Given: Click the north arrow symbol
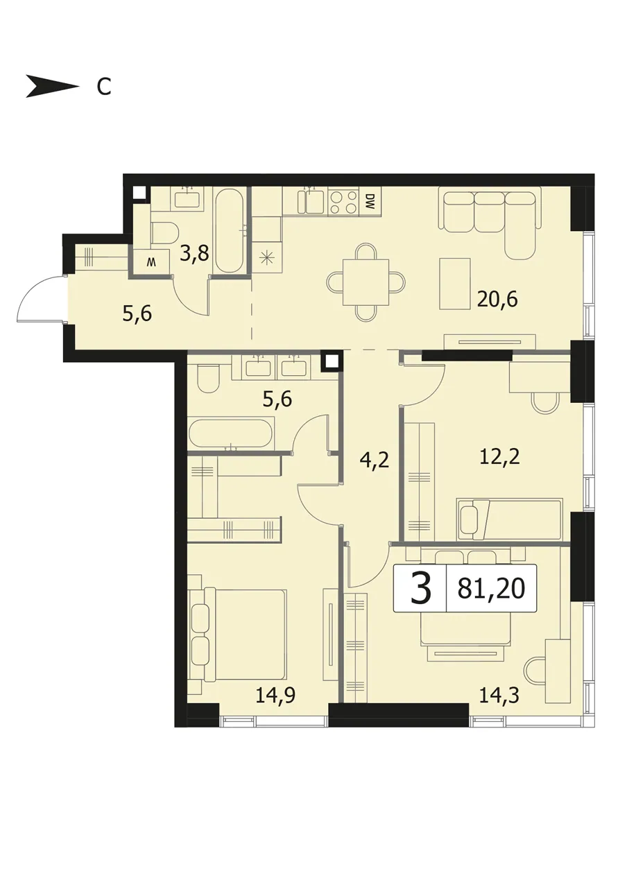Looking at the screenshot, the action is click(52, 86).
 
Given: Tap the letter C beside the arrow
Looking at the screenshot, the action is click(104, 87).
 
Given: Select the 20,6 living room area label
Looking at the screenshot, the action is click(497, 299).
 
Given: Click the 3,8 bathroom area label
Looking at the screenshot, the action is click(194, 253).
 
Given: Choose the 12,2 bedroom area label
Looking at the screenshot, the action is click(500, 456).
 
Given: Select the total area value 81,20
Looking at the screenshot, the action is click(491, 588).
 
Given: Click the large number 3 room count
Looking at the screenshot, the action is click(421, 588).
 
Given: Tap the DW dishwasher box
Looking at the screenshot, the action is click(370, 202).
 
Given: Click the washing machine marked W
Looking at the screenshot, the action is click(151, 262).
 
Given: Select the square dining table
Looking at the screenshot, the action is click(366, 282).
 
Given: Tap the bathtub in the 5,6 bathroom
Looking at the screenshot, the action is click(230, 433).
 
